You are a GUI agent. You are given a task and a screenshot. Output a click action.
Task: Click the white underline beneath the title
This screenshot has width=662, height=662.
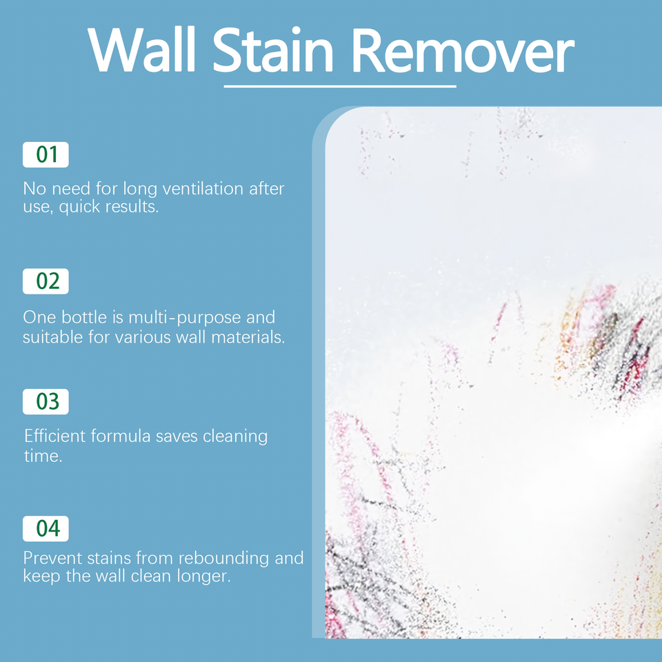pos(340,87)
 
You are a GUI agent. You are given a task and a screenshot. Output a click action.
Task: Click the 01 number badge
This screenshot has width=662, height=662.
pos(46,154)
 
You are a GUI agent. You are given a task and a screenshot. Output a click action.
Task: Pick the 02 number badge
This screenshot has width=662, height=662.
pos(46,281)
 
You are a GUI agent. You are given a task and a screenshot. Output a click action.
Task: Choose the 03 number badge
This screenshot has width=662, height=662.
pos(46,402)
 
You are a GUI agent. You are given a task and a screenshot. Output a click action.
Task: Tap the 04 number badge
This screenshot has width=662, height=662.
pos(46,528)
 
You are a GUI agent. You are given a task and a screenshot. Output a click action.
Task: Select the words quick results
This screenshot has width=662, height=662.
pos(110,206)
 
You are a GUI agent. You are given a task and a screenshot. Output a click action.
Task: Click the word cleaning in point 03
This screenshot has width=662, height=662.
pos(235,436)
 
